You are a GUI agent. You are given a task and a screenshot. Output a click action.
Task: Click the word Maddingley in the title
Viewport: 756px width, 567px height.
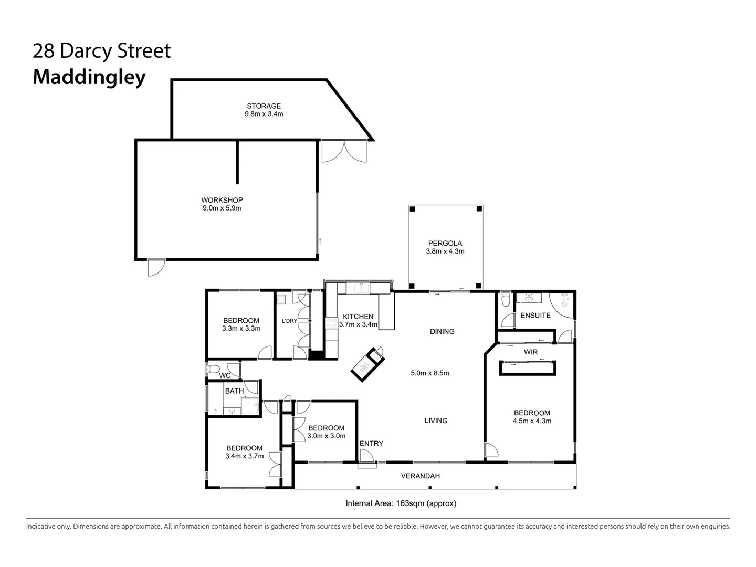pos(89,77)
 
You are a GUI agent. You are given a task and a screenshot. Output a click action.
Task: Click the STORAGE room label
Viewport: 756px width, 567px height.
pos(264,106)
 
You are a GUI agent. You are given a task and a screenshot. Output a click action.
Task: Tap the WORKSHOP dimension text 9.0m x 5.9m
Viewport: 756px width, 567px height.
pos(222,208)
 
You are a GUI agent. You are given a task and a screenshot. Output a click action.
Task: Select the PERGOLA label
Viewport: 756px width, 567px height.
pos(445,243)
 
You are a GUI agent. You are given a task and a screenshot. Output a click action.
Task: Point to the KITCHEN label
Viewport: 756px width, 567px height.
pos(358,317)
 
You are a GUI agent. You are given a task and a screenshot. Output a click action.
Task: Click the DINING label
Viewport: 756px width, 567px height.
pos(442,331)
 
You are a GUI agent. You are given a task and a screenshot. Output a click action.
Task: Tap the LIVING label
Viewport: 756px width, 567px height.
pos(436,421)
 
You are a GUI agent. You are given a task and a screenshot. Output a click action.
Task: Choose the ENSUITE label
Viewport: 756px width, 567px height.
pos(535,316)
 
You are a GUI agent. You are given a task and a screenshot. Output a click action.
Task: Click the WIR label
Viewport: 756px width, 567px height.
pos(530,352)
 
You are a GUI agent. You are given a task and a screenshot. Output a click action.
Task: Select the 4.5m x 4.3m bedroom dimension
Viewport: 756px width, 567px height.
pos(532,421)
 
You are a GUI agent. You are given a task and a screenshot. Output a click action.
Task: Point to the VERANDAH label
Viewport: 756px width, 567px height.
pos(420,476)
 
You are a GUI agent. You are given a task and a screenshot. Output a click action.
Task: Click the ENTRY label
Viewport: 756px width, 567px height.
pos(371,444)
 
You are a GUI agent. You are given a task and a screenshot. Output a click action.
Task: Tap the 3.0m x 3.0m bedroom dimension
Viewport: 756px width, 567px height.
pos(326,436)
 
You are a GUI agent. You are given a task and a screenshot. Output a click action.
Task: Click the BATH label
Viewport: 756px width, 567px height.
pos(234,391)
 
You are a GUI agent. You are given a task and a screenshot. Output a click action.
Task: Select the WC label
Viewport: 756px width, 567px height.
pos(225,376)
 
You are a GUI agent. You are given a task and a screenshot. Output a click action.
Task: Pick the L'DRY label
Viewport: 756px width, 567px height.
pos(289,321)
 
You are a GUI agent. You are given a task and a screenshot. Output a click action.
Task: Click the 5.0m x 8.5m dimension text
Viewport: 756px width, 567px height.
pos(429,373)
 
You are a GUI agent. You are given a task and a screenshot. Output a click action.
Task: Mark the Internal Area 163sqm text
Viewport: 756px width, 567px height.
pos(401,503)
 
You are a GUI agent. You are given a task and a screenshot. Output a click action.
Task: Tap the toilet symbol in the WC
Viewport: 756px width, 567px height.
pos(213,370)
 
